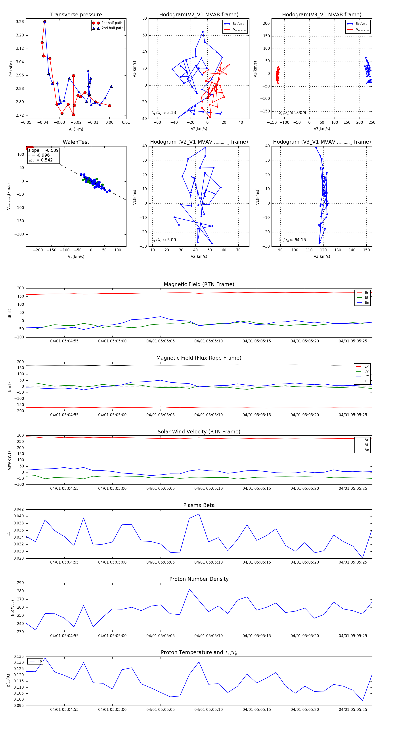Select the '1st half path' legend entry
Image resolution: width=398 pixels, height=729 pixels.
pyautogui.click(x=112, y=23)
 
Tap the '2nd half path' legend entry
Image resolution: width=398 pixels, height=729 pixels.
pyautogui.click(x=112, y=28)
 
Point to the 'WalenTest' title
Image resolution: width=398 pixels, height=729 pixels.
pyautogui.click(x=76, y=142)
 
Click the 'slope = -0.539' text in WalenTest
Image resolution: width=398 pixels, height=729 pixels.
pyautogui.click(x=43, y=150)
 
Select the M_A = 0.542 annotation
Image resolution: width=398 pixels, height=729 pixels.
pyautogui.click(x=40, y=160)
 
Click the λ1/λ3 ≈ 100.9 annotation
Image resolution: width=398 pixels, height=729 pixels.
pyautogui.click(x=292, y=113)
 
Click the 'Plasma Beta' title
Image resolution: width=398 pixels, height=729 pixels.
pyautogui.click(x=199, y=505)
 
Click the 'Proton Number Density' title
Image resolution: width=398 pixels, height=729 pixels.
pyautogui.click(x=199, y=579)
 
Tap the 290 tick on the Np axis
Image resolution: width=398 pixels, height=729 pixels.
pyautogui.click(x=20, y=583)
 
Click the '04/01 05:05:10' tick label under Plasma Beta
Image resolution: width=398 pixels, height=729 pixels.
pyautogui.click(x=209, y=562)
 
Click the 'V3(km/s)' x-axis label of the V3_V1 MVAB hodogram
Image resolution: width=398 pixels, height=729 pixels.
pyautogui.click(x=321, y=129)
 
